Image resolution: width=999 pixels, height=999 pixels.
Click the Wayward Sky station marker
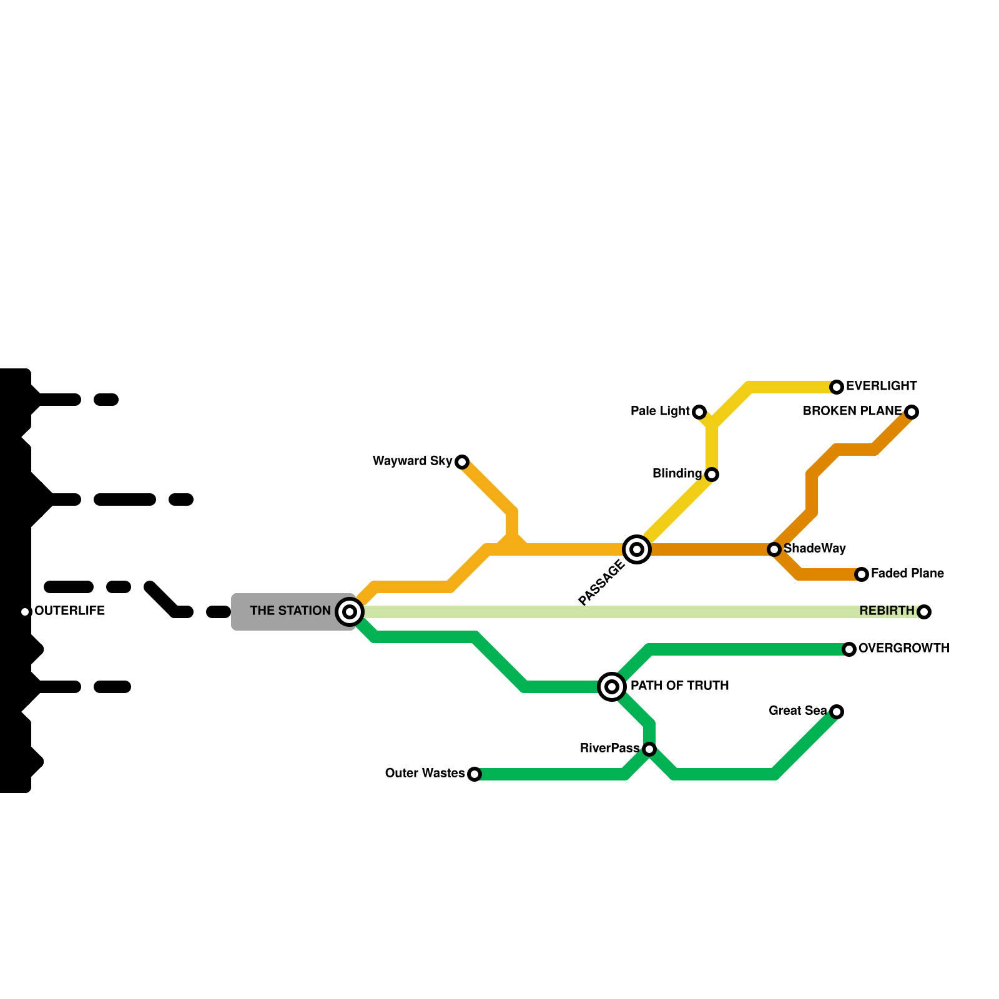(462, 462)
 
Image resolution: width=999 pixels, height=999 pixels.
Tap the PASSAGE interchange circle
(637, 549)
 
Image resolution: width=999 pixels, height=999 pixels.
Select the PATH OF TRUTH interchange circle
(612, 687)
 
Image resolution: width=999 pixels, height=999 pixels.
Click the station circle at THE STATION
(350, 612)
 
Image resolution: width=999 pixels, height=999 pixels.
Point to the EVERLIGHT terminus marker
(837, 387)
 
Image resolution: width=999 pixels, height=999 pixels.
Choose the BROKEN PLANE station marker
(912, 412)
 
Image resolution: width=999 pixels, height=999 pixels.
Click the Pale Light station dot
(699, 412)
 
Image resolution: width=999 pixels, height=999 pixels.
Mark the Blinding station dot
(712, 475)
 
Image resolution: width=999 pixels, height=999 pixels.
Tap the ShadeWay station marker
(774, 549)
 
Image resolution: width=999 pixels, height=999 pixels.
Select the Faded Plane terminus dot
(862, 574)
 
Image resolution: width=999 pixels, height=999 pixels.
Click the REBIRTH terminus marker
(924, 612)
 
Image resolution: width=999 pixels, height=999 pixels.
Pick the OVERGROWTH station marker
(849, 649)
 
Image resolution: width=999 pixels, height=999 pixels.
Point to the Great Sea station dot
(837, 712)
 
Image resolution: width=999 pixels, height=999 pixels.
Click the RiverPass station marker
(649, 749)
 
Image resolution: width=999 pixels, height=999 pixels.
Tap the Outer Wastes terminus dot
(475, 774)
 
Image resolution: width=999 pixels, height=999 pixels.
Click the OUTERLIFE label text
(69, 611)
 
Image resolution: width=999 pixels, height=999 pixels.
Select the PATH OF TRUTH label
(679, 686)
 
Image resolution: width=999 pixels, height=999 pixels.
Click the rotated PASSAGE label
(601, 583)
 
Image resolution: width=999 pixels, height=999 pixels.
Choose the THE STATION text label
(290, 611)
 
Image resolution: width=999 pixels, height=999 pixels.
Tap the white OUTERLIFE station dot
(25, 612)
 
